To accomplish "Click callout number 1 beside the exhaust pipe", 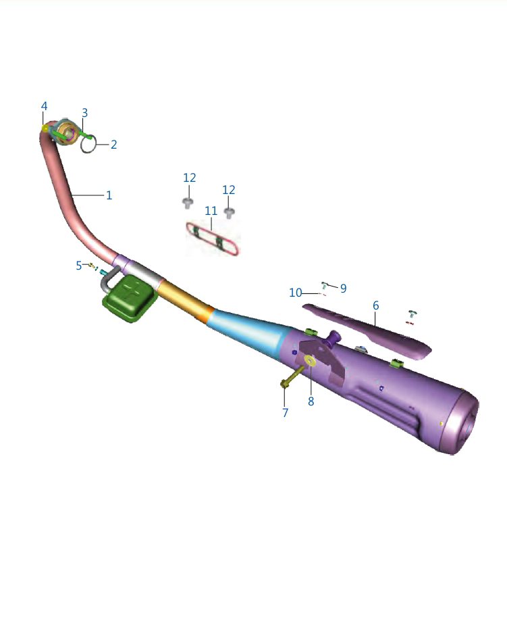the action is point(109,195).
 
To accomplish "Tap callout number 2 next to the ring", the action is point(114,145).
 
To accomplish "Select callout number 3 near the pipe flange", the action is point(84,113).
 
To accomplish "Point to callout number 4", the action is point(45,106).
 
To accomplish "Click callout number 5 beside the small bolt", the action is point(79,266).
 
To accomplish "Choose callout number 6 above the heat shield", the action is point(375,305).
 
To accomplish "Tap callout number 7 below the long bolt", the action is point(286,413).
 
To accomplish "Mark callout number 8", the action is point(311,401).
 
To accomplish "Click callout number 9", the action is point(344,289).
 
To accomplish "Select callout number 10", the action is point(296,293).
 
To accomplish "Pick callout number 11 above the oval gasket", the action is point(211,211).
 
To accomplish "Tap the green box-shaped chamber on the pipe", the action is point(130,298).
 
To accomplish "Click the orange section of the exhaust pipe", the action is point(185,301).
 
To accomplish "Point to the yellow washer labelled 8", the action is point(311,360).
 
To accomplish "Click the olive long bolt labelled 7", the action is point(293,376).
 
